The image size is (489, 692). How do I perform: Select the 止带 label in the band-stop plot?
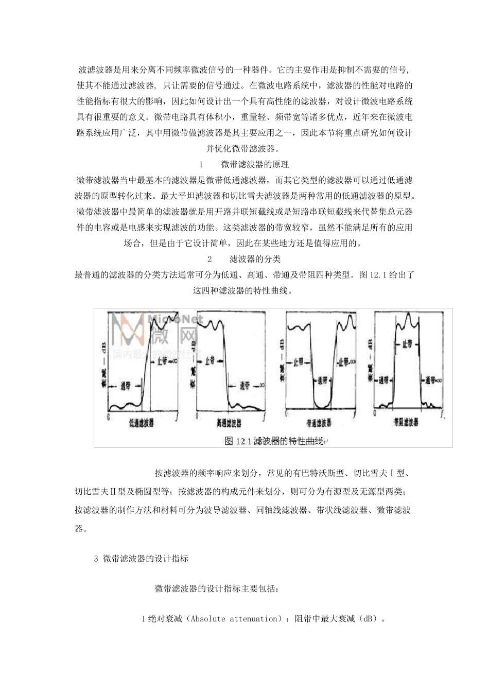(407, 344)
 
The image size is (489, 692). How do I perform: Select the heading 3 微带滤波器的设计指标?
(141, 559)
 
